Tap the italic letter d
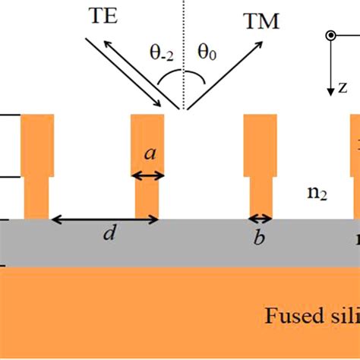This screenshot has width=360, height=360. [x=109, y=235]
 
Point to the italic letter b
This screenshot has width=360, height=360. [x=260, y=238]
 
